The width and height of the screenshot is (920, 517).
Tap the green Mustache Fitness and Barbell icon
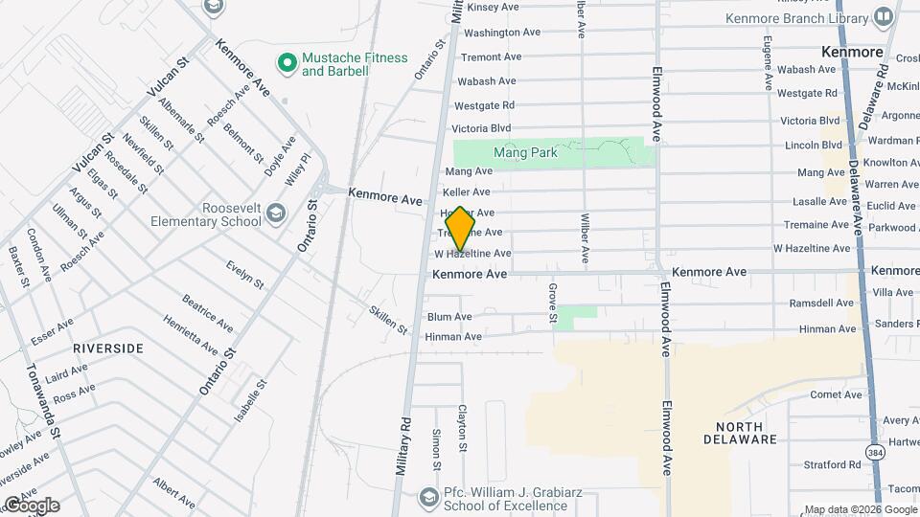point(286,63)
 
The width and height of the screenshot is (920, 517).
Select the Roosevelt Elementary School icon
point(276,212)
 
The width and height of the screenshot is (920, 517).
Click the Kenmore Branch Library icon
point(883,17)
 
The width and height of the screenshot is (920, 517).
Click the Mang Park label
point(525,152)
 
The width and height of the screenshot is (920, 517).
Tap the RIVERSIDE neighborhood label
point(108,348)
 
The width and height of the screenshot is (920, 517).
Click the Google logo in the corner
point(31,505)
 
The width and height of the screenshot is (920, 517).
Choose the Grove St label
point(553,303)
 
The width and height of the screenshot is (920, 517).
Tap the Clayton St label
point(462,427)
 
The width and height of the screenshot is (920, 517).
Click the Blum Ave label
point(449,317)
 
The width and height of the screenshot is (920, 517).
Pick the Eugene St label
point(768,63)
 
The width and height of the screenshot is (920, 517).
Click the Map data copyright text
point(860,509)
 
